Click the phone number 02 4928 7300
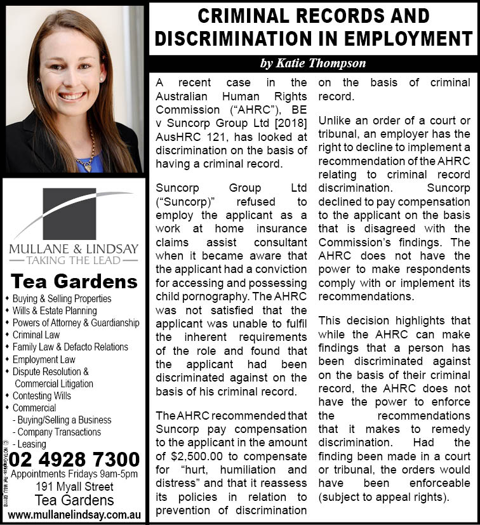(x=75, y=458)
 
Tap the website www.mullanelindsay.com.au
(x=75, y=513)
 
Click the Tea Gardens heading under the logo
(x=74, y=281)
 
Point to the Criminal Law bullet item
(x=36, y=335)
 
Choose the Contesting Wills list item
(x=42, y=395)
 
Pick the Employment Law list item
(x=44, y=359)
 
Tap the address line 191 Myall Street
(x=74, y=487)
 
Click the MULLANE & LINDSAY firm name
(x=74, y=248)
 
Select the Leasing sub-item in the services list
(x=32, y=444)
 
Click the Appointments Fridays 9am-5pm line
(x=74, y=474)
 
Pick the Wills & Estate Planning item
(x=55, y=310)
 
